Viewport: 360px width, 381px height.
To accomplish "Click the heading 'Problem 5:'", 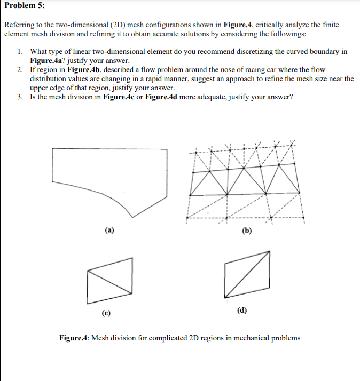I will click(x=24, y=5).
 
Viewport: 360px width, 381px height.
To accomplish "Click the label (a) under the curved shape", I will click(x=109, y=231).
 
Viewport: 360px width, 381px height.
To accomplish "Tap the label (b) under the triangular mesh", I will click(x=246, y=231).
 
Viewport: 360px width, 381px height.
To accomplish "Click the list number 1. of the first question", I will click(x=20, y=52).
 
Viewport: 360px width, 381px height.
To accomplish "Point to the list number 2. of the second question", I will click(x=20, y=70).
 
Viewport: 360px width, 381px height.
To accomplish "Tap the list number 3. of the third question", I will click(x=20, y=97).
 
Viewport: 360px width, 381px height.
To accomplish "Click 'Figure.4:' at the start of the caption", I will click(x=74, y=338).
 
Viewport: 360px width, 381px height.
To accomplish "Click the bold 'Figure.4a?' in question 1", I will click(x=48, y=61).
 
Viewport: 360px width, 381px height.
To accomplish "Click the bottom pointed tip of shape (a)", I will click(x=132, y=216).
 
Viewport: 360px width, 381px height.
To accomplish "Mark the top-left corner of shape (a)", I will click(x=53, y=149).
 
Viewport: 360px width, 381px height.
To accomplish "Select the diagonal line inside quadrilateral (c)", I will click(x=109, y=281).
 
